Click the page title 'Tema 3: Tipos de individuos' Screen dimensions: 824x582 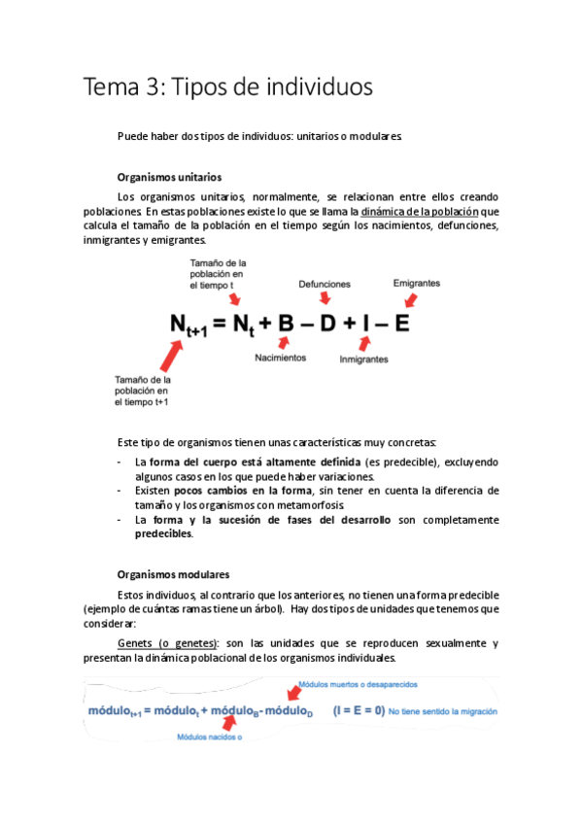pos(228,87)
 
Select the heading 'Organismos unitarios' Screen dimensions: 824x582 pos(168,178)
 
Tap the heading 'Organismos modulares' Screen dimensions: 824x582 pos(173,574)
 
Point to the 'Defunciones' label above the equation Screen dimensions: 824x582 pos(325,284)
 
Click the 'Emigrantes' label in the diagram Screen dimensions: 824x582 pos(416,283)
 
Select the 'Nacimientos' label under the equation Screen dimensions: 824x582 pos(280,358)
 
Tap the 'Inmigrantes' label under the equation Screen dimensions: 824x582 pos(364,359)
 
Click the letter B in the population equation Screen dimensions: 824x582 pos(286,324)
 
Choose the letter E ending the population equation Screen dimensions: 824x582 pos(400,324)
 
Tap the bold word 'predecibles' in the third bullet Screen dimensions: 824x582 pos(163,533)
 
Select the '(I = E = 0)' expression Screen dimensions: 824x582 pos(358,710)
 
